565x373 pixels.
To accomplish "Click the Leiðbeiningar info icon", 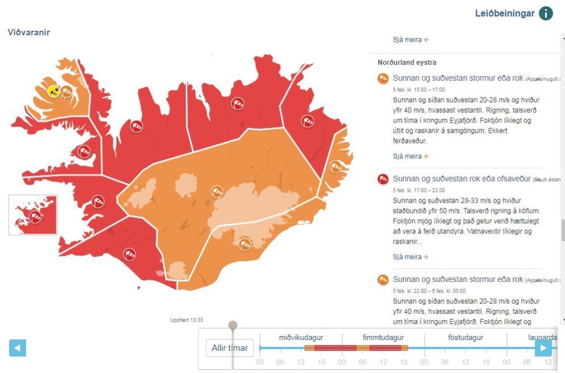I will tap(546, 13).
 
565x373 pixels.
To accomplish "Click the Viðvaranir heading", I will tap(29, 32).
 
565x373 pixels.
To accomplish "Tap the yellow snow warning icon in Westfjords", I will tap(54, 91).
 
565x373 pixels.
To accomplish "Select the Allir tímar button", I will tap(230, 347).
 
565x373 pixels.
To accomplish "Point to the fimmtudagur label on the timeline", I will tap(383, 338).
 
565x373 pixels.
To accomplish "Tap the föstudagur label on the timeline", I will tap(465, 338).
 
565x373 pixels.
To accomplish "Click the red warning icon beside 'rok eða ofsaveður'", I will tap(383, 179).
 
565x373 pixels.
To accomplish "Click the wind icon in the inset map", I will tap(35, 216).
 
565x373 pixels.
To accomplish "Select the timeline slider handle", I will tap(232, 326).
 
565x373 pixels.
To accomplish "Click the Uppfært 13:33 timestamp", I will tap(186, 320).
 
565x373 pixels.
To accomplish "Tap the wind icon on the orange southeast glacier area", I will tap(245, 244).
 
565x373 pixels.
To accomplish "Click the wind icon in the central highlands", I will tap(216, 191).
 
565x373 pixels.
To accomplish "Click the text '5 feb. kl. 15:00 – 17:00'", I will tap(419, 89).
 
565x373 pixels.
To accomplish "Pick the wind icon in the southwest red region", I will tap(130, 254).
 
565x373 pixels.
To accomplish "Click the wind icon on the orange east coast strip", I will tap(335, 166).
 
